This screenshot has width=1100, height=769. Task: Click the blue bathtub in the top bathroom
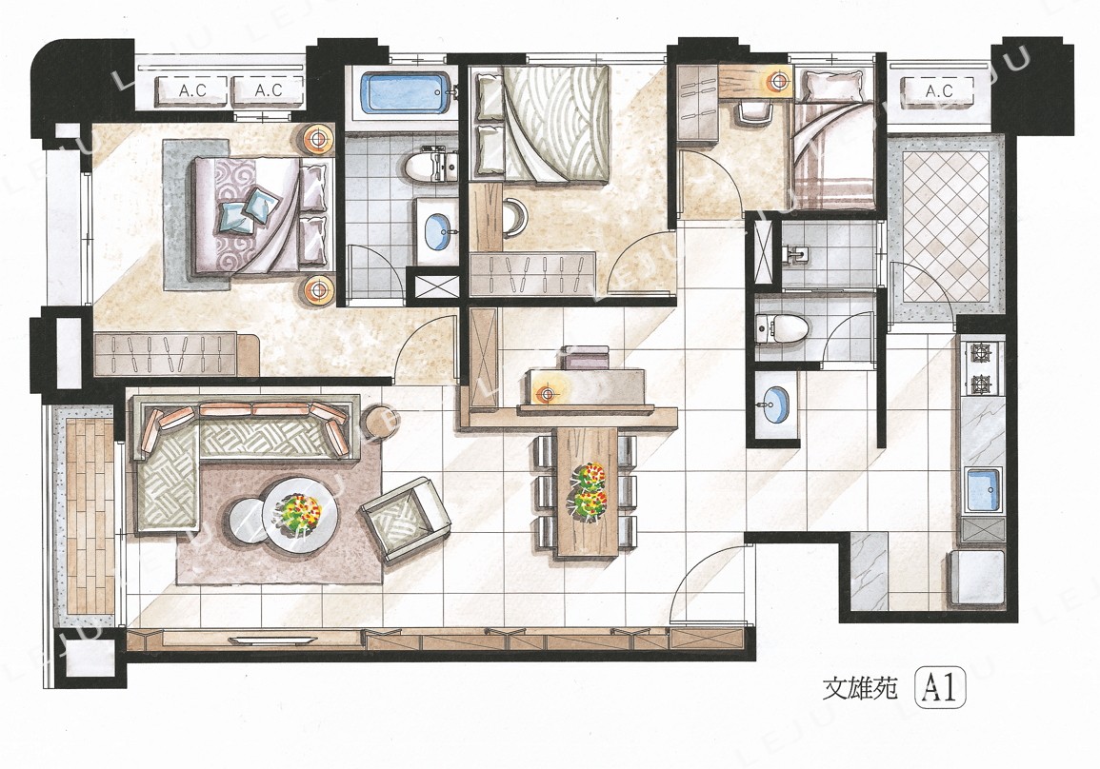(x=406, y=91)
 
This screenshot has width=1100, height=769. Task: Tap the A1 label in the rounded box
(x=941, y=688)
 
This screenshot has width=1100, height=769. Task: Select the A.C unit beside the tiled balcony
(x=938, y=91)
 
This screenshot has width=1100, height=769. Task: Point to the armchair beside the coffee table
(x=406, y=519)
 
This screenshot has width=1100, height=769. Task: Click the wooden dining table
(x=588, y=491)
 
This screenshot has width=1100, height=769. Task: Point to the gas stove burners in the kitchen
(x=981, y=367)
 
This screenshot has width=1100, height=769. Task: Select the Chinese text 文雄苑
(x=860, y=690)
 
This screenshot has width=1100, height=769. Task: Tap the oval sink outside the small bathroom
(x=774, y=405)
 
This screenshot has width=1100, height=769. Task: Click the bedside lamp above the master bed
(x=319, y=138)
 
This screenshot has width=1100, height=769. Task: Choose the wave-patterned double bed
(x=541, y=123)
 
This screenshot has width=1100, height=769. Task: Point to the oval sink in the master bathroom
(x=438, y=231)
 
